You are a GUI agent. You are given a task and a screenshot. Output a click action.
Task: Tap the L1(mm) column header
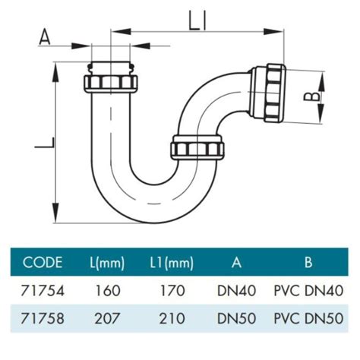tap(169, 263)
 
